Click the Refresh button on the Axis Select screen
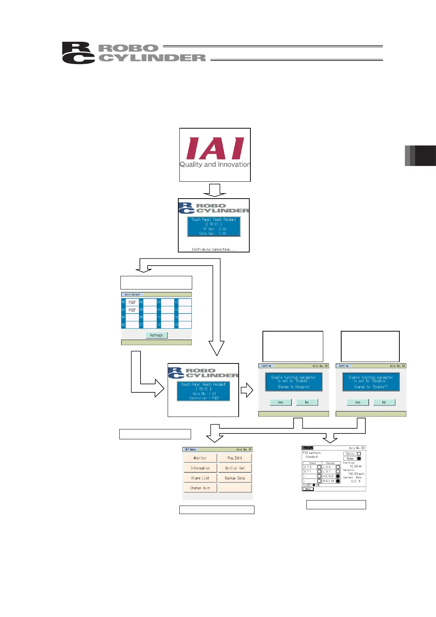(156, 335)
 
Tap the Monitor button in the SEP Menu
(200, 458)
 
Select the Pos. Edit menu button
(235, 458)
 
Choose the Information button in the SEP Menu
(200, 468)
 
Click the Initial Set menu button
(235, 468)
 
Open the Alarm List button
(200, 478)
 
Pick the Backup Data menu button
(235, 478)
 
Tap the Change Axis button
(200, 488)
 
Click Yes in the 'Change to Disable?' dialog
(280, 402)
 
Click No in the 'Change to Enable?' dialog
(384, 402)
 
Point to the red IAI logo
(215, 148)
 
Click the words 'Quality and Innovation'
(215, 165)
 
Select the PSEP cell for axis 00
(132, 302)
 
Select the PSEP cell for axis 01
(132, 310)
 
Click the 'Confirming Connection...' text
(213, 250)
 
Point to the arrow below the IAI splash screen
(215, 190)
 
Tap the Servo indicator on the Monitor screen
(352, 454)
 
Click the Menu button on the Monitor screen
(308, 489)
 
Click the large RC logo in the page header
(78, 53)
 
